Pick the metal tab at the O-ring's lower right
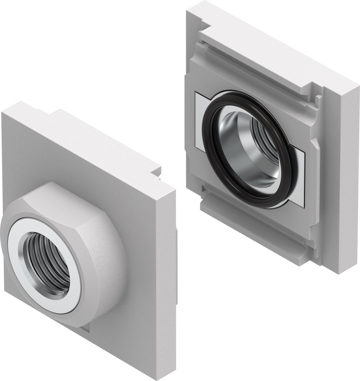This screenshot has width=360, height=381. (299, 179)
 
